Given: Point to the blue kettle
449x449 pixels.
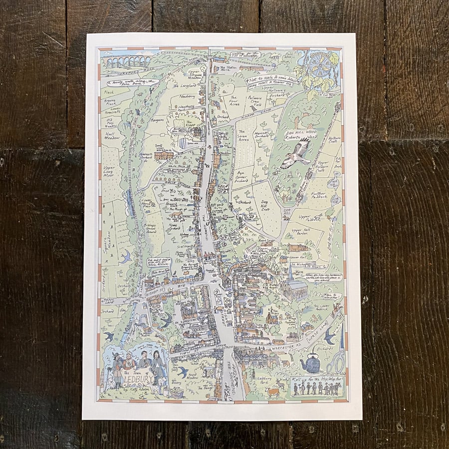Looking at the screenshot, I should click(x=311, y=363).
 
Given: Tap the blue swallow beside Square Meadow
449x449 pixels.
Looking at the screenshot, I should click(x=126, y=256).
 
